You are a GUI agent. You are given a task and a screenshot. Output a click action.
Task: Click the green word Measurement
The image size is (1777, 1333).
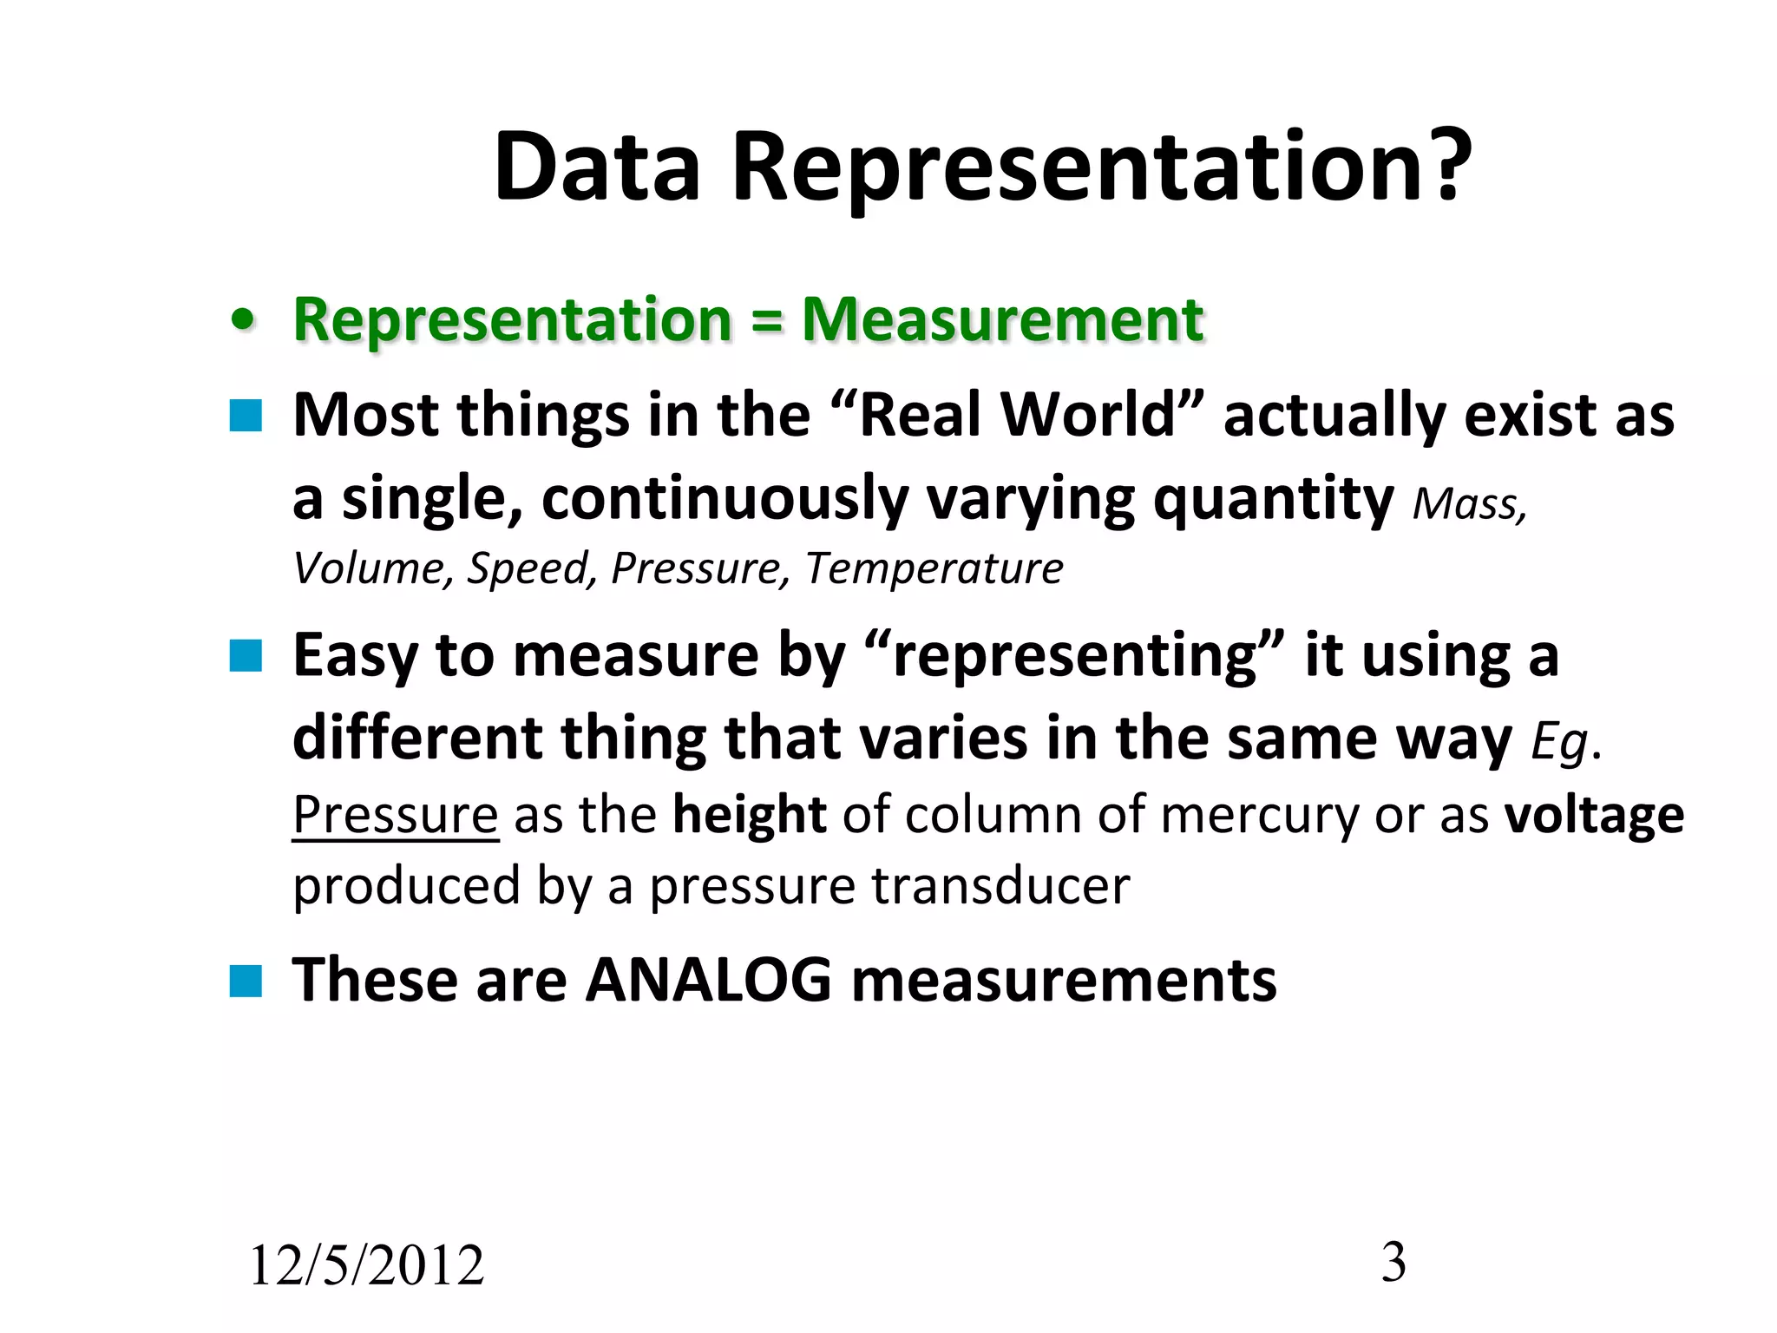pyautogui.click(x=1002, y=319)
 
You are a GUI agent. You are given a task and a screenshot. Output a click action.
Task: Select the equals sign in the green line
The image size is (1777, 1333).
pyautogui.click(x=766, y=321)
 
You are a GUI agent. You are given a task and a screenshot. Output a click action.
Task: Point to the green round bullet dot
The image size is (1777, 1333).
pyautogui.click(x=244, y=320)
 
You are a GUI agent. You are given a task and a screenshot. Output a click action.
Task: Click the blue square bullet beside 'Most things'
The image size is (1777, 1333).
pyautogui.click(x=246, y=416)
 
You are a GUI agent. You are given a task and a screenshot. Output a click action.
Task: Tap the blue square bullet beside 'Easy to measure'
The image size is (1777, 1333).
pyautogui.click(x=246, y=656)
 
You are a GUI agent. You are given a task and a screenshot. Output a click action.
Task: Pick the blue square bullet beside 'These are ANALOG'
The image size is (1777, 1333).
pyautogui.click(x=246, y=982)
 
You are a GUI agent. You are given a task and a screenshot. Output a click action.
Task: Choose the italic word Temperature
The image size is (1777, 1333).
pyautogui.click(x=934, y=569)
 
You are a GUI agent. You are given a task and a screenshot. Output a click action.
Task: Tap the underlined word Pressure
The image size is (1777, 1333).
pyautogui.click(x=396, y=815)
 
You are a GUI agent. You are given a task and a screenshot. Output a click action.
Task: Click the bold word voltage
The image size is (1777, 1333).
pyautogui.click(x=1594, y=815)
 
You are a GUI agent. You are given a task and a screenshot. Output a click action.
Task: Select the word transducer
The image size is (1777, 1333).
pyautogui.click(x=1000, y=886)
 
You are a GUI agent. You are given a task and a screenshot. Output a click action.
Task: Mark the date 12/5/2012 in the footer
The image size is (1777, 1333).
pyautogui.click(x=366, y=1264)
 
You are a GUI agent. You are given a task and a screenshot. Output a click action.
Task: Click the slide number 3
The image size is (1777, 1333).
pyautogui.click(x=1393, y=1262)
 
